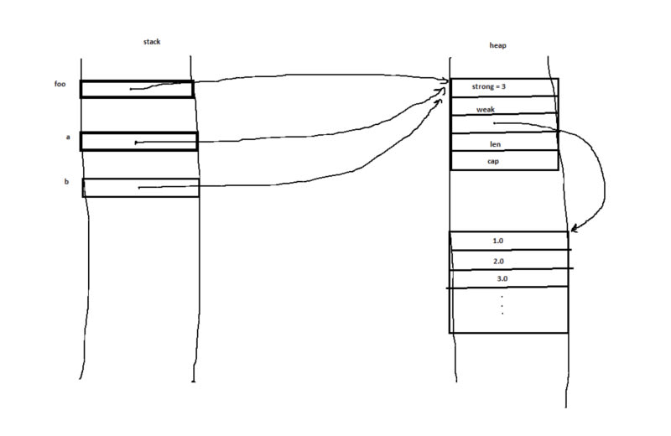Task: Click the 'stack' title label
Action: pyautogui.click(x=152, y=42)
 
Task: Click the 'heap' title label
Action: pyautogui.click(x=497, y=45)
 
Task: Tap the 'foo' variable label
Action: pyautogui.click(x=60, y=84)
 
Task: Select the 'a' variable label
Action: pyautogui.click(x=67, y=137)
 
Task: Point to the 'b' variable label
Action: pyautogui.click(x=66, y=181)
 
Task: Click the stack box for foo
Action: pyautogui.click(x=137, y=89)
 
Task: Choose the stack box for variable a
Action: pyautogui.click(x=139, y=141)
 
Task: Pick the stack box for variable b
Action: pyautogui.click(x=141, y=187)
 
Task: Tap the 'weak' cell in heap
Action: pyautogui.click(x=486, y=109)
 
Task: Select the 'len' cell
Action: pyautogui.click(x=496, y=143)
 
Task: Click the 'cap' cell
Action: pyautogui.click(x=496, y=160)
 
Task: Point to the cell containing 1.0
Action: pyautogui.click(x=498, y=241)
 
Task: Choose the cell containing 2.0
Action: pyautogui.click(x=500, y=261)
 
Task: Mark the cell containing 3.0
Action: pyautogui.click(x=502, y=279)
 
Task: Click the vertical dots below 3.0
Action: pyautogui.click(x=502, y=304)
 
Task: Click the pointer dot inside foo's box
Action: pyautogui.click(x=131, y=89)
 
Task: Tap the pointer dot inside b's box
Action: pyautogui.click(x=139, y=188)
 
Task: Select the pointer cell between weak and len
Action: pyautogui.click(x=503, y=124)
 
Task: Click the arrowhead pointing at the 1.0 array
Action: pyautogui.click(x=573, y=229)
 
